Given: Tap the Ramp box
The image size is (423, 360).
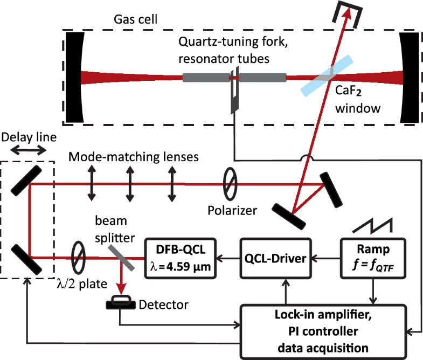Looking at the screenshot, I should tap(371, 258).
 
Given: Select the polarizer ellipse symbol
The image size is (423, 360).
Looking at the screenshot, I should tap(230, 182).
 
